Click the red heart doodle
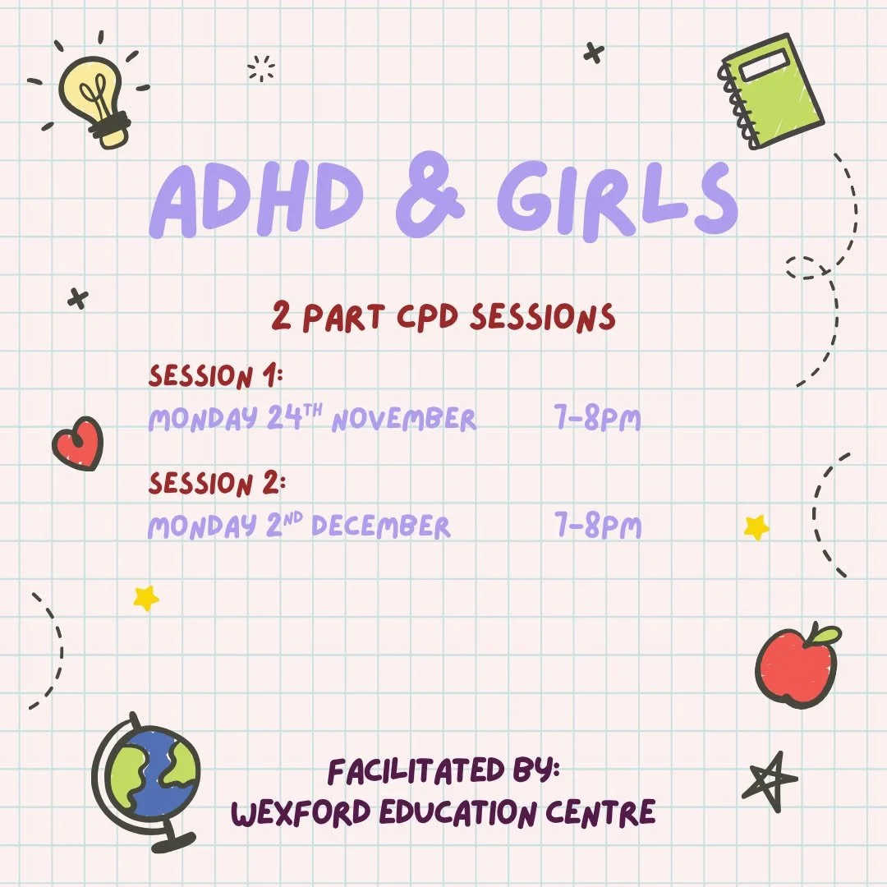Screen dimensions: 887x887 (x=78, y=444)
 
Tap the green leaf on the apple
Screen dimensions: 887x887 (x=823, y=634)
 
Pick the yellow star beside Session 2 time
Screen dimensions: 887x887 (x=756, y=527)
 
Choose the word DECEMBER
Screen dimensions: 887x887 (x=381, y=526)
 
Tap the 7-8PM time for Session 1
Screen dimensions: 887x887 (x=598, y=420)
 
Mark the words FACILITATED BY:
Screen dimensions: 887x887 (x=443, y=771)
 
